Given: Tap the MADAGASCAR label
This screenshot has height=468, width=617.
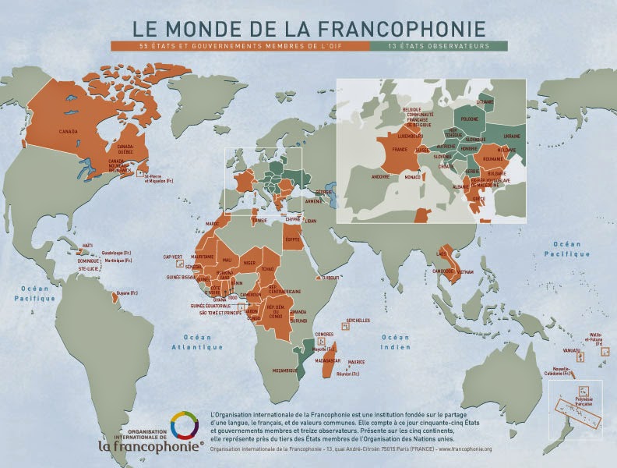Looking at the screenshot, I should [326, 360].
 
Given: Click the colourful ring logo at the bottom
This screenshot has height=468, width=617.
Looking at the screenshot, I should [184, 427].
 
